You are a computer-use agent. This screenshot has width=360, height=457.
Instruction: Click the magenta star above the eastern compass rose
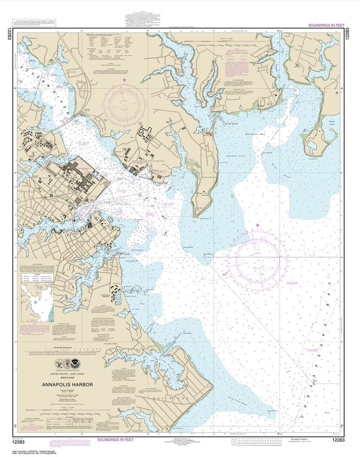pyautogui.click(x=258, y=225)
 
